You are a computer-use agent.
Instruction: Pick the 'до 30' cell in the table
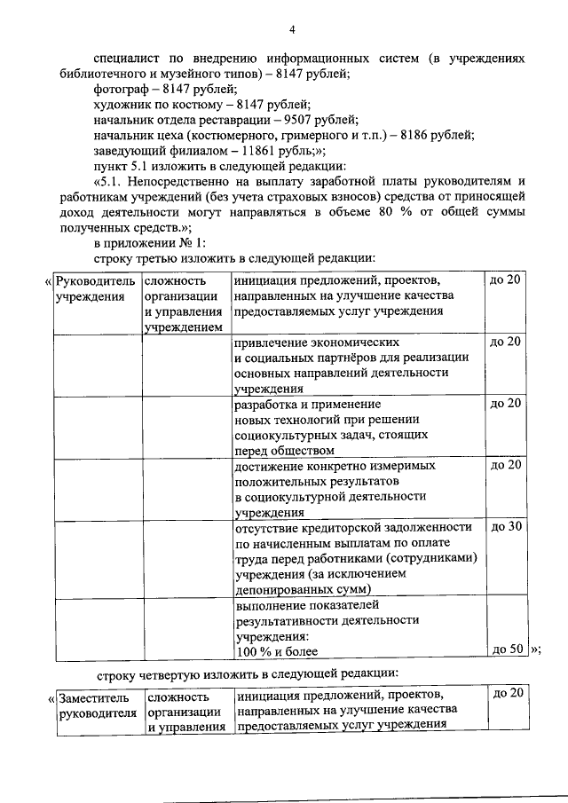[x=505, y=526]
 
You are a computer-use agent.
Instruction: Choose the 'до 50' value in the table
[x=505, y=649]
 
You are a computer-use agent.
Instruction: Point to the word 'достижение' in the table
[x=272, y=465]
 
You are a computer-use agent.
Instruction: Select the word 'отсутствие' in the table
[x=272, y=527]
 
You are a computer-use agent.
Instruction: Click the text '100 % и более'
[x=276, y=652]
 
